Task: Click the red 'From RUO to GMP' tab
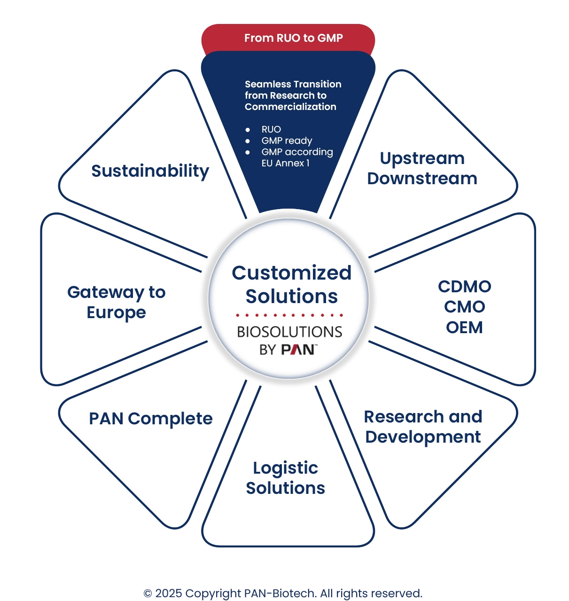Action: tap(293, 38)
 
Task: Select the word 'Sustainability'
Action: tap(150, 171)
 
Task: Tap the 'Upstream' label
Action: tap(422, 158)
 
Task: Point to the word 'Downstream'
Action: tap(422, 179)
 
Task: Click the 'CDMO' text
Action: tap(464, 287)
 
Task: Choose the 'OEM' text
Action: tap(464, 328)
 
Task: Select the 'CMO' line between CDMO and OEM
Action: tap(464, 307)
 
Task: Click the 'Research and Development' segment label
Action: tap(423, 427)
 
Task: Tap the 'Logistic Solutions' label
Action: tap(285, 478)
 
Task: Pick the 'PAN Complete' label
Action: tap(150, 419)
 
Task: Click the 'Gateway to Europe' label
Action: tap(116, 302)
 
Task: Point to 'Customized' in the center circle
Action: tap(291, 273)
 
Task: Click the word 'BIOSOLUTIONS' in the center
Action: tap(289, 332)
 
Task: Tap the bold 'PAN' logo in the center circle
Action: tap(298, 350)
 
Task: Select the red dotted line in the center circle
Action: tap(289, 315)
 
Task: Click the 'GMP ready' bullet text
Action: tap(287, 140)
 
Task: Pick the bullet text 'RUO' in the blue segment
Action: tap(271, 129)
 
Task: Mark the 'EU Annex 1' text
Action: tap(285, 163)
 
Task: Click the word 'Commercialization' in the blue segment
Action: tap(290, 107)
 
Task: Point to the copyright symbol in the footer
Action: tap(148, 593)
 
